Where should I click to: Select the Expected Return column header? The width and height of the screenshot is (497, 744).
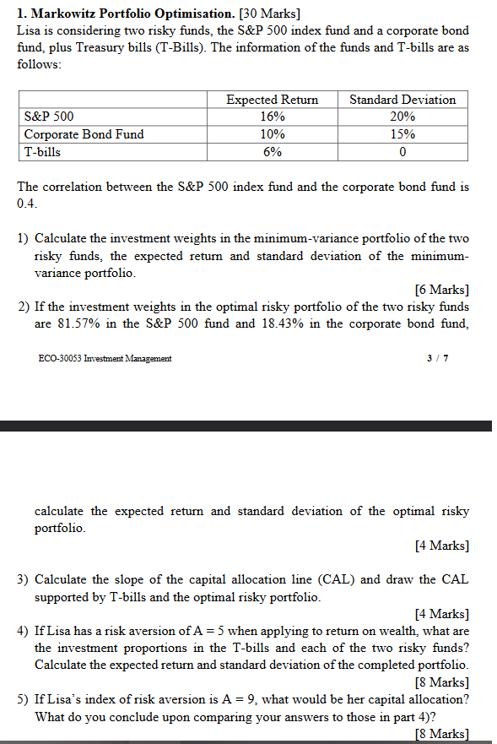click(x=272, y=100)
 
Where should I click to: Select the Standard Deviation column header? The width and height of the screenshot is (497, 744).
click(x=402, y=100)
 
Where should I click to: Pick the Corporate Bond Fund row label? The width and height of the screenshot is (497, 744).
click(x=84, y=134)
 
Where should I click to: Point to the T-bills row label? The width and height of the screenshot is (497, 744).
click(x=42, y=152)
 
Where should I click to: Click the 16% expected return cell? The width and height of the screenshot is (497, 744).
click(x=272, y=117)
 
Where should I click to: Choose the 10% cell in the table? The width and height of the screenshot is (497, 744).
click(x=272, y=134)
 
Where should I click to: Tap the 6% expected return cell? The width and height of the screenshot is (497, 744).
click(x=272, y=152)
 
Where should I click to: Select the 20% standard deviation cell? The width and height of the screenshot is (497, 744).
click(x=402, y=117)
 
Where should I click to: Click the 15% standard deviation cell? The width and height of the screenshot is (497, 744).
click(x=402, y=134)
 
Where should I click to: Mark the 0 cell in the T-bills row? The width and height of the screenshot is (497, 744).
click(x=402, y=152)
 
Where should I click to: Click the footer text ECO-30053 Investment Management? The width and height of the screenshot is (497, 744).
click(x=105, y=358)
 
